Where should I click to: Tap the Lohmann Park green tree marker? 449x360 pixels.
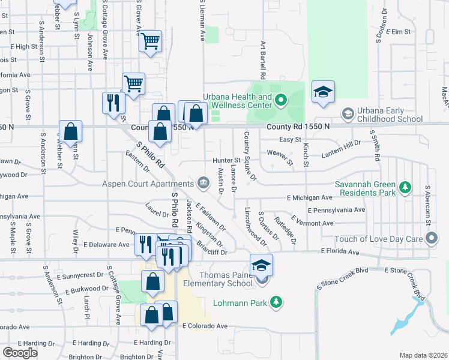[x=276, y=302]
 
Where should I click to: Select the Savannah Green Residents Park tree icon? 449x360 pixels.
[x=405, y=188]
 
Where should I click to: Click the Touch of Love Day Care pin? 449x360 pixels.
[x=432, y=239]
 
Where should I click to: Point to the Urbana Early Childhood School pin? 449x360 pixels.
[x=347, y=113]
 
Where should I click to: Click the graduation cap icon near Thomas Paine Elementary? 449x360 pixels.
[x=261, y=265]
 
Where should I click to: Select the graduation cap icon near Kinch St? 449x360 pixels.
[x=323, y=91]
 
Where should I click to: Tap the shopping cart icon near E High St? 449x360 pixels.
[x=150, y=41]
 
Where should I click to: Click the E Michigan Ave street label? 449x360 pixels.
[x=309, y=197]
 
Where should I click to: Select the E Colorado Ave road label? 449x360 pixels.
[x=205, y=326]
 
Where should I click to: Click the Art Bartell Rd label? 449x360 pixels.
[x=262, y=60]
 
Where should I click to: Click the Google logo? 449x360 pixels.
[x=20, y=353]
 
